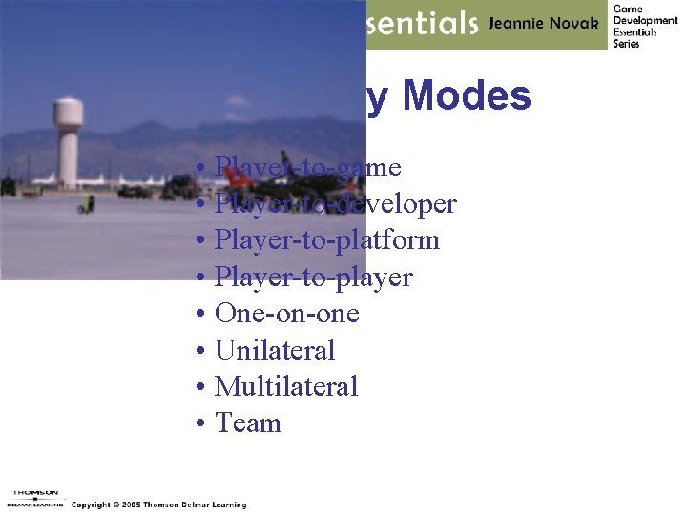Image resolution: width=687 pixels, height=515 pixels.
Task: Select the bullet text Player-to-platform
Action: click(326, 240)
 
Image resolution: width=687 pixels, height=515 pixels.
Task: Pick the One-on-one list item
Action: click(286, 314)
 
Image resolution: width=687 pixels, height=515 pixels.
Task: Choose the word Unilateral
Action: click(275, 350)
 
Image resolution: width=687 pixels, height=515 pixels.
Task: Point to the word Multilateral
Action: click(286, 386)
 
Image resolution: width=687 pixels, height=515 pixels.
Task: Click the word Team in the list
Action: click(248, 422)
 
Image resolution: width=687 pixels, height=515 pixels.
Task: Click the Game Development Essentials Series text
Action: click(644, 26)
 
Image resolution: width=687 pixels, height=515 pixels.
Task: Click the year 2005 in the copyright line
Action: click(131, 505)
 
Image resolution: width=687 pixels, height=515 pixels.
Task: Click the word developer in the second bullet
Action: click(401, 204)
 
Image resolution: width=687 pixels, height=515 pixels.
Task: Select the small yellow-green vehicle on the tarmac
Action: click(87, 203)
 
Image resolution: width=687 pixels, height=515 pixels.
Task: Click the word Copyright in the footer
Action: click(92, 505)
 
